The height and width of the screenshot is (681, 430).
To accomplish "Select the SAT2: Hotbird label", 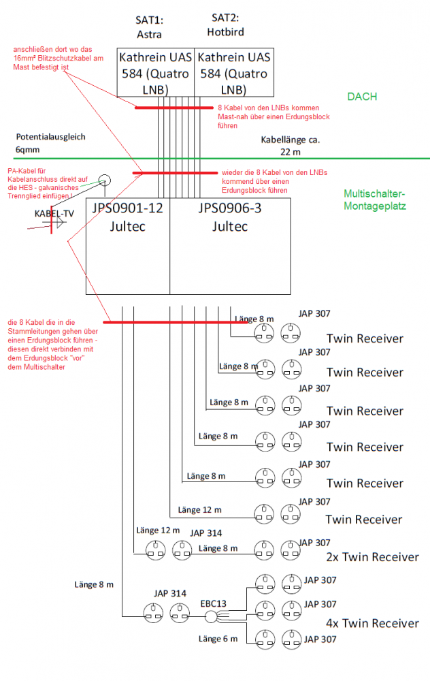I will tap(225, 25).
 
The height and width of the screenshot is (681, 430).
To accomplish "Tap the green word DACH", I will tap(362, 97).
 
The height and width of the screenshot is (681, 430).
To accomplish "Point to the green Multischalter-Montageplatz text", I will tap(375, 199).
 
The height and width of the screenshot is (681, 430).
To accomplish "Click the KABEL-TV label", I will tap(54, 213).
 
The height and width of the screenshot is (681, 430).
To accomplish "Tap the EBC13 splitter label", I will tap(213, 603).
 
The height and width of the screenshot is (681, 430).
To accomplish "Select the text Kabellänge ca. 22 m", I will tap(290, 145).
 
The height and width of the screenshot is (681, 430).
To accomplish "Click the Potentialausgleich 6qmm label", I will tap(51, 142).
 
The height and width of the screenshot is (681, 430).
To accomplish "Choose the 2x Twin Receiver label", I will tap(371, 557).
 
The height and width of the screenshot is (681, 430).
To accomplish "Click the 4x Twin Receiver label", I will tap(371, 623).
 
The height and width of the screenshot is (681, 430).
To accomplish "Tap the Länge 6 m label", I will tap(218, 639).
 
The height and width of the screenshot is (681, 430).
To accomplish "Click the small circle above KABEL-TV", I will tap(103, 180).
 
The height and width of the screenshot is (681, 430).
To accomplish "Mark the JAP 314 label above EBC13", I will tap(170, 593).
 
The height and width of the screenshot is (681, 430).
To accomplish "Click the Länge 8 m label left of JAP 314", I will tap(93, 584).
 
